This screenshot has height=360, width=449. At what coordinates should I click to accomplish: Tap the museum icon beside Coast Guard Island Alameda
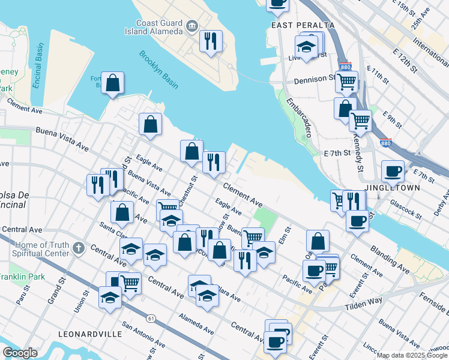coord(191,25)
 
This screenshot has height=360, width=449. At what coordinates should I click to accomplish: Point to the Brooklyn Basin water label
coord(158,70)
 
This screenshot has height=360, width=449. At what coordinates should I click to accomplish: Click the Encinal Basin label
coord(37,67)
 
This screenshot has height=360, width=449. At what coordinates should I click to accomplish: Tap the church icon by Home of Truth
coord(78,248)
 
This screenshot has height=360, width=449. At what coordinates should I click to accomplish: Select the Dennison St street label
coord(314,80)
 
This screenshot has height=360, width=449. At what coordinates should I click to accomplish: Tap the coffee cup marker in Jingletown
coord(393,172)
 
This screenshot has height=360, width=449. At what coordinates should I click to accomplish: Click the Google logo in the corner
coord(20,353)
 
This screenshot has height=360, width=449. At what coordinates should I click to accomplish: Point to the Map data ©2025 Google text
coord(412,355)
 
